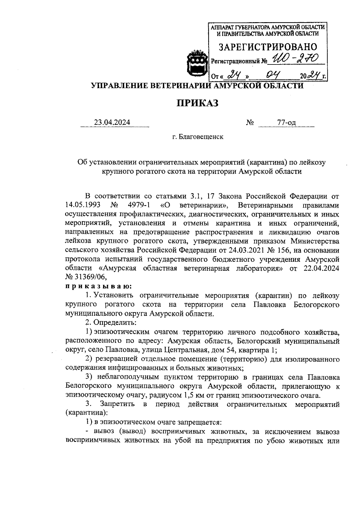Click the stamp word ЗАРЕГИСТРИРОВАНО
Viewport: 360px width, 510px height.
268,47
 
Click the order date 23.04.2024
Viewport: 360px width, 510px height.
112,122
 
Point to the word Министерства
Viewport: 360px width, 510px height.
315,241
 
